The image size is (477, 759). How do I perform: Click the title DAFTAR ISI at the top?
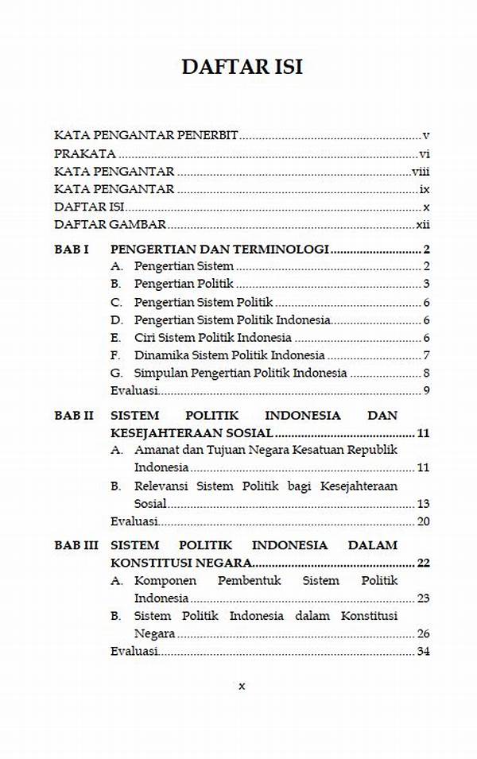(242, 67)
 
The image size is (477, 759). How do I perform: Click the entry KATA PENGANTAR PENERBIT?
(146, 136)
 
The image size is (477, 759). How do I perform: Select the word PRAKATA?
(85, 154)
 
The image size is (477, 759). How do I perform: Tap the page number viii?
(421, 172)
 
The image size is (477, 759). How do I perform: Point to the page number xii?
(423, 224)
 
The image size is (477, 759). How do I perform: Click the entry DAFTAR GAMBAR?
(110, 224)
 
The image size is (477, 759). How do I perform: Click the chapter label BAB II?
(73, 415)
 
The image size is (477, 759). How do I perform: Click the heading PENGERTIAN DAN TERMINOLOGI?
(219, 249)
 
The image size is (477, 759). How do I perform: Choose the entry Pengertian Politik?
(184, 284)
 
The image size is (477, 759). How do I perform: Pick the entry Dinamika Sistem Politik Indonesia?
(229, 354)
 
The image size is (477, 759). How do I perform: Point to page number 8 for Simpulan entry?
(427, 372)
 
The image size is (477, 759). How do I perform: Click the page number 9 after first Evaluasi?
(427, 389)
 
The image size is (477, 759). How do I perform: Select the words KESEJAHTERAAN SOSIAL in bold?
(192, 433)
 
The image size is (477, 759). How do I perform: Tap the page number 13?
(423, 503)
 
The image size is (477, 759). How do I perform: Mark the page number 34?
(423, 652)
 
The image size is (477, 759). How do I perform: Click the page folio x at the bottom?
(242, 686)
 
